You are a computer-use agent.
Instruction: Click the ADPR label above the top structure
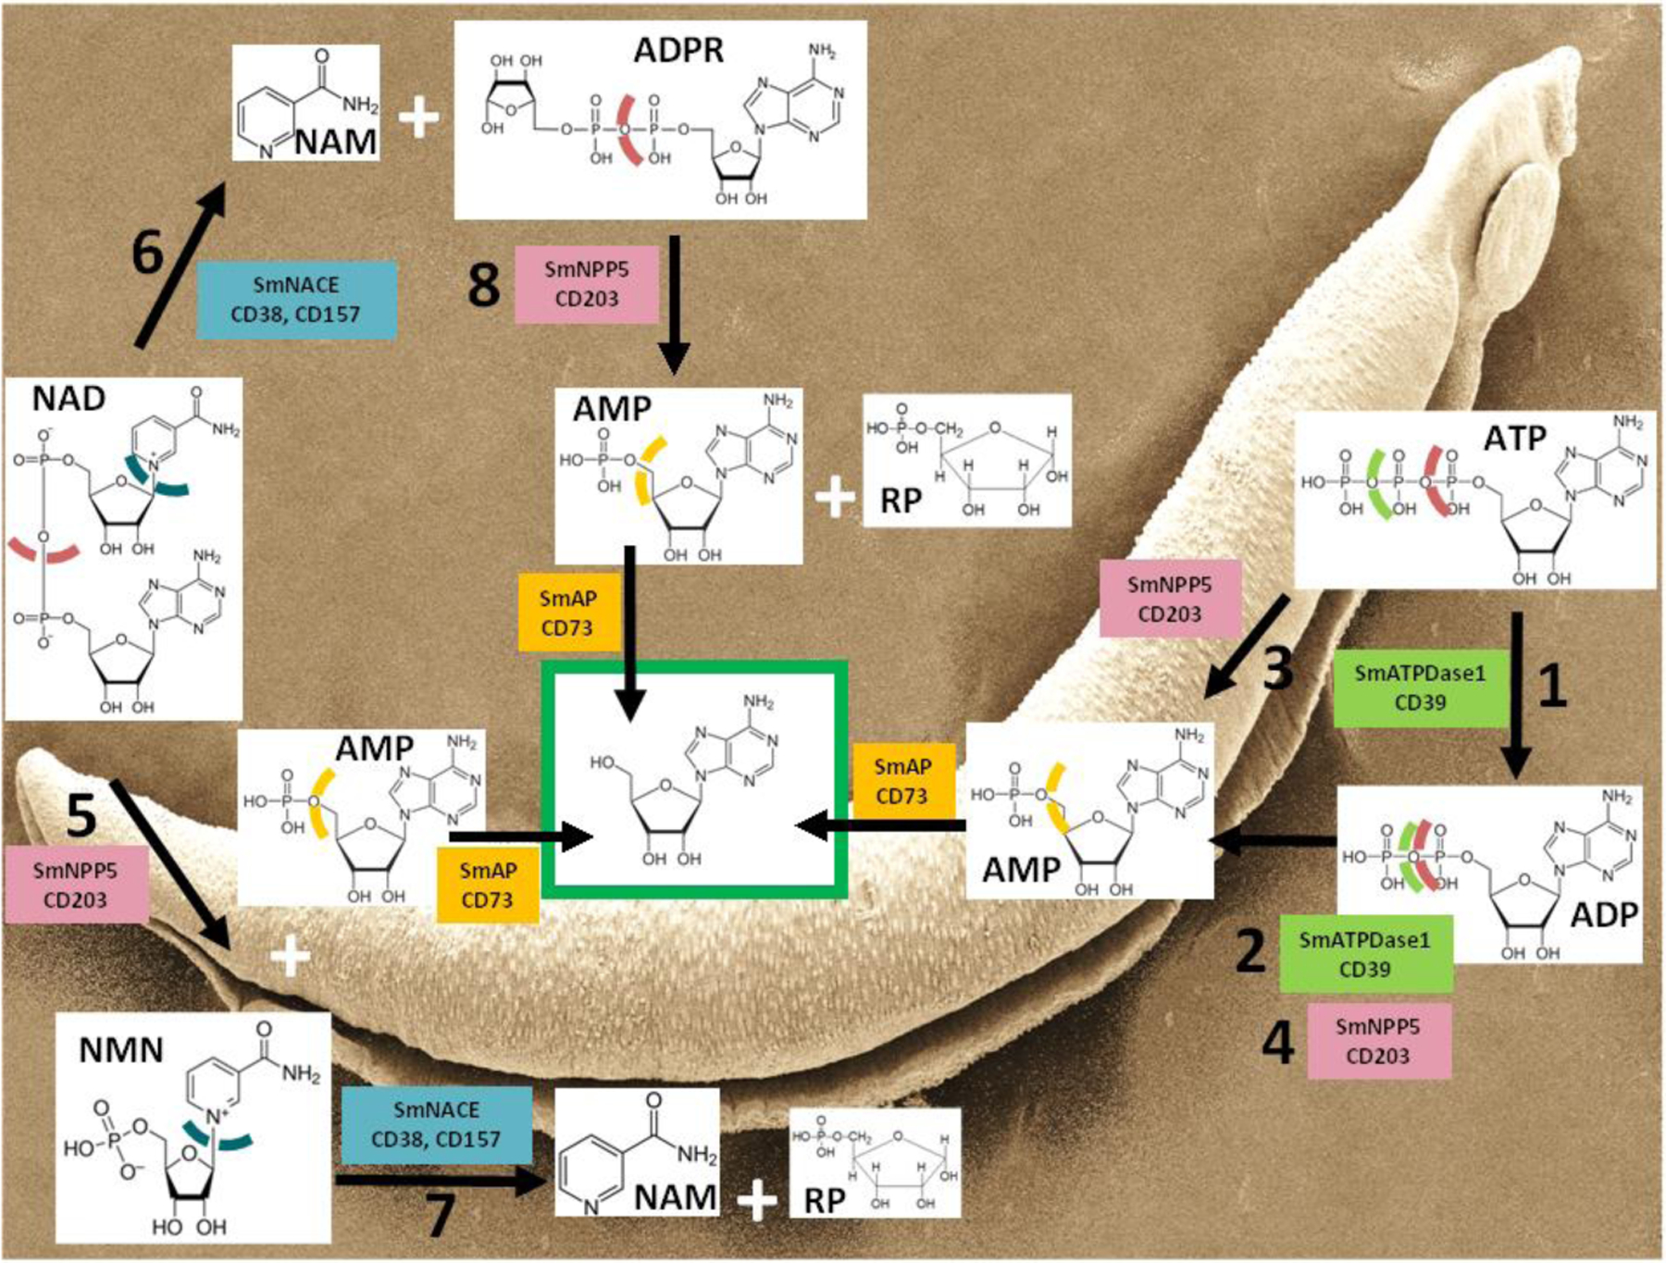pos(678,50)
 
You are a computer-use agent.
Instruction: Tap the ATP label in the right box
pos(1514,438)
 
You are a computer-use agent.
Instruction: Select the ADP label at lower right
pos(1604,914)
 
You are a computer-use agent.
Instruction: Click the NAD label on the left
pos(68,399)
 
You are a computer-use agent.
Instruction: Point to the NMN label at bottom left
pos(121,1050)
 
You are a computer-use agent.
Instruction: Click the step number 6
pos(148,252)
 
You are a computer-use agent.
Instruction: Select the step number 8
pos(484,284)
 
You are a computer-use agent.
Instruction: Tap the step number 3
pos(1278,667)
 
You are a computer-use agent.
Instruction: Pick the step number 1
pos(1552,686)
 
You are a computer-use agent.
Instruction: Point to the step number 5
pos(81,815)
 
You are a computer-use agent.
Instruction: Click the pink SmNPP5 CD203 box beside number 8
pos(587,284)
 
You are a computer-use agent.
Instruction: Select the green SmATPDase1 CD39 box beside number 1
pos(1420,687)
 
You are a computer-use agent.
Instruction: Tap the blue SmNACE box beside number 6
pos(296,299)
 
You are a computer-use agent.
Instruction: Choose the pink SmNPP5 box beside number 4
pos(1378,1041)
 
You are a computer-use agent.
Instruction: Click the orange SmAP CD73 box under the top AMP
pos(567,613)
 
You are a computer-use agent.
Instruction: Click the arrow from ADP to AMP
pos(1274,841)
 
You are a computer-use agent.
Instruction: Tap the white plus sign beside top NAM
pos(418,118)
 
